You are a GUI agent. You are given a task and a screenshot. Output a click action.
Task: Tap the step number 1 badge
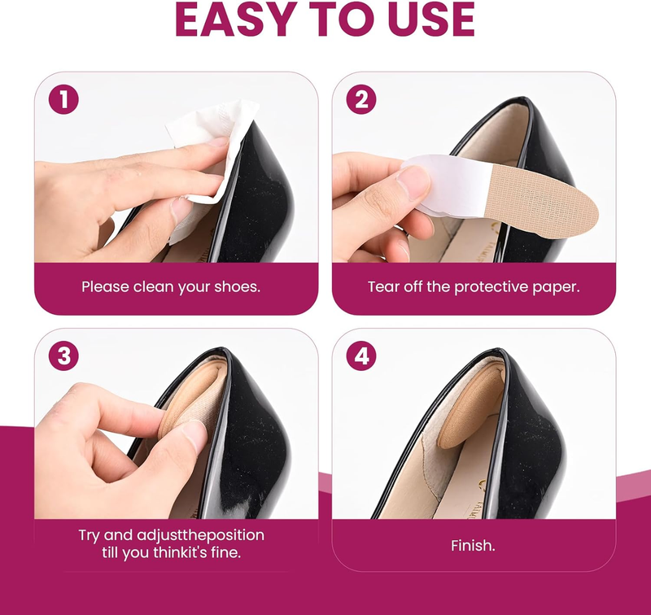(63, 99)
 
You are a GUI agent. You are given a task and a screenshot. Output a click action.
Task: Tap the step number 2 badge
(361, 99)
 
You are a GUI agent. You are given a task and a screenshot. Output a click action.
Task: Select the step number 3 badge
(63, 356)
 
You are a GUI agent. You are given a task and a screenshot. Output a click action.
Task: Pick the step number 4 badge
(361, 356)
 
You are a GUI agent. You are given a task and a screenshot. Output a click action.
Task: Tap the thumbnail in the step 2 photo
(413, 181)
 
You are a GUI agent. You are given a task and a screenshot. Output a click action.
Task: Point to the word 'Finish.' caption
(474, 545)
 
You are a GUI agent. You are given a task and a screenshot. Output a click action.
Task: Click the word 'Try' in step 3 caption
(90, 535)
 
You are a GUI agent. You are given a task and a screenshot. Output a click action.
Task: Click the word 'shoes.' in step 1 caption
(238, 286)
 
